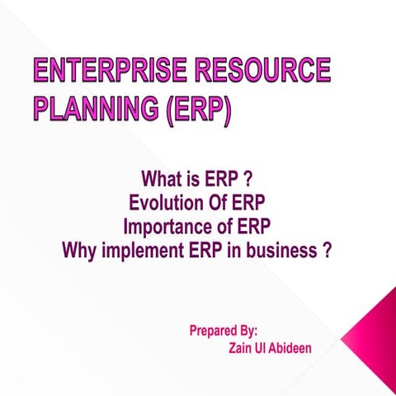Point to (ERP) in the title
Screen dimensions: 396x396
197,108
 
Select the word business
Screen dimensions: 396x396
276,250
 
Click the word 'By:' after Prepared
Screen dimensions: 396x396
252,331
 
